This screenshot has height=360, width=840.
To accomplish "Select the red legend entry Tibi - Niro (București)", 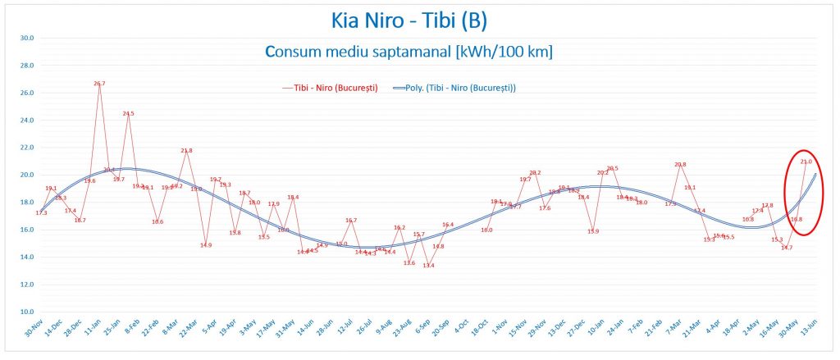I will (x=329, y=88).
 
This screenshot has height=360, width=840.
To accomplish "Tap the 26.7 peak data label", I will (x=99, y=84).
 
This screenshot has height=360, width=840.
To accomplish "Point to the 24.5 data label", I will (x=128, y=114).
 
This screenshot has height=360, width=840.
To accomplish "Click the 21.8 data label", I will (x=187, y=151).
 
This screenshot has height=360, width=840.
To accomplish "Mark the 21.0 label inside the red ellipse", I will (x=806, y=162).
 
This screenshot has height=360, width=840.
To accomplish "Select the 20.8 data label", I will (x=680, y=165).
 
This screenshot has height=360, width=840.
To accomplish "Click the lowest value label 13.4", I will (x=428, y=266).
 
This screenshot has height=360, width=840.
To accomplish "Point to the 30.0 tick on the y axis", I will (x=26, y=38).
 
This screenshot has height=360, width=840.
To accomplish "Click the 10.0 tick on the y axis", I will (x=26, y=312).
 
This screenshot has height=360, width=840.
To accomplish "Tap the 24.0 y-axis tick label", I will (x=26, y=120).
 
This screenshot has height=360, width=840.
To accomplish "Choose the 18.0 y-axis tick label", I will (x=26, y=202).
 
